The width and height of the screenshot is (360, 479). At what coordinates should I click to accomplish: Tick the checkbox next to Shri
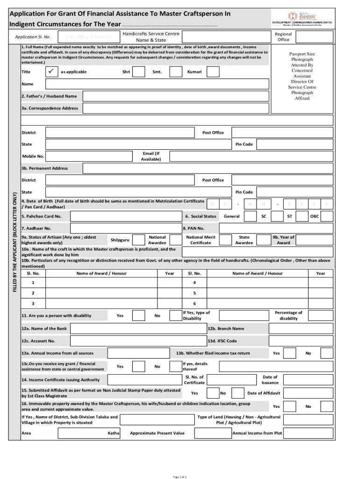(x=138, y=72)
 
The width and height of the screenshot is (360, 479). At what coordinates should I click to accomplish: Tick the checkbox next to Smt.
(x=176, y=72)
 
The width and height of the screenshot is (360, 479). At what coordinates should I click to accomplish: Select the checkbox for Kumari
(x=213, y=72)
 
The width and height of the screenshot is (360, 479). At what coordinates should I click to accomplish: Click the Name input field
(x=157, y=84)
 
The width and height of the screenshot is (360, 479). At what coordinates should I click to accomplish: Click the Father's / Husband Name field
(x=176, y=96)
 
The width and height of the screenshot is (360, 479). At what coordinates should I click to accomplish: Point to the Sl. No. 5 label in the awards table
(x=194, y=293)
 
